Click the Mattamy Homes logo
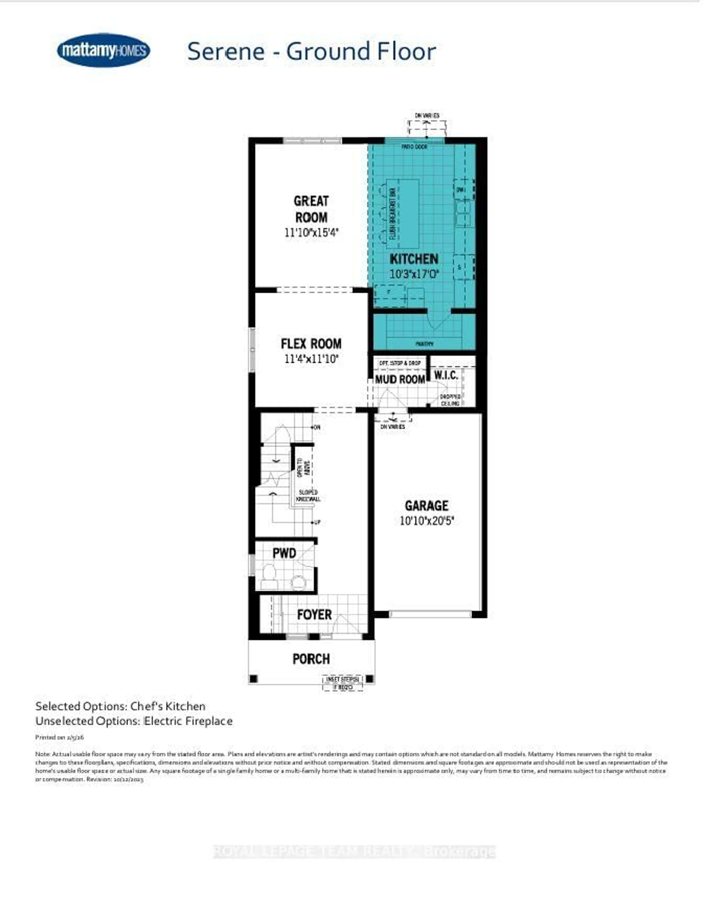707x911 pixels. pos(103,50)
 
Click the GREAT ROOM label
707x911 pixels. pos(311,209)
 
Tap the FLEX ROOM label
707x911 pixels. pos(311,344)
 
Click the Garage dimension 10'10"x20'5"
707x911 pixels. pos(426,521)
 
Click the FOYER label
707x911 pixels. pos(314,614)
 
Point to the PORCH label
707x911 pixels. pos(311,659)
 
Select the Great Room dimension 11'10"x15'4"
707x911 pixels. pos(311,232)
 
